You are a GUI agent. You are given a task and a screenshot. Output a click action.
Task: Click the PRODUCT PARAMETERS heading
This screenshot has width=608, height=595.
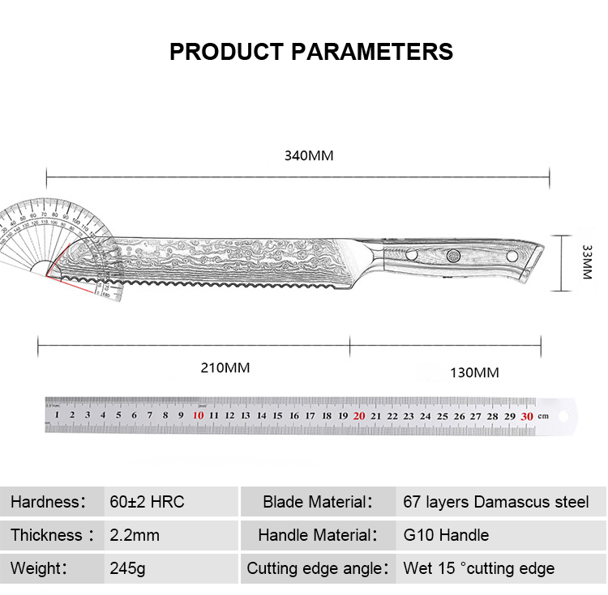(311, 52)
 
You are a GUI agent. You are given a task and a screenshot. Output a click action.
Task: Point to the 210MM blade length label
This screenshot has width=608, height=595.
(225, 368)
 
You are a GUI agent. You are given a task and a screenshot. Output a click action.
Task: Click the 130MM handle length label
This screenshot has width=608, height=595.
(474, 373)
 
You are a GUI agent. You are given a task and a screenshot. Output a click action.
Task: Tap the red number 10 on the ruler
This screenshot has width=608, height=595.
(198, 415)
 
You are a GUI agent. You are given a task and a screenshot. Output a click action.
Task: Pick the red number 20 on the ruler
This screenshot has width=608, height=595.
(359, 415)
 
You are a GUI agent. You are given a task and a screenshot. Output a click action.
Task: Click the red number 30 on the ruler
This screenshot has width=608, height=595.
(527, 415)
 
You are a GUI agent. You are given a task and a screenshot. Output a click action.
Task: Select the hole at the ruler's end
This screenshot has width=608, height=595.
(565, 415)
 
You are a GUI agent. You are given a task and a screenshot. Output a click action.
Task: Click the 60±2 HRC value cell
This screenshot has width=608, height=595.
(148, 502)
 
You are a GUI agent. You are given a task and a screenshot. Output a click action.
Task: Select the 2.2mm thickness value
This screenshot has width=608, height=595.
(135, 535)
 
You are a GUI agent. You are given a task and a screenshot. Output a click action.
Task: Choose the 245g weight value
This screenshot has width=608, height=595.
(128, 568)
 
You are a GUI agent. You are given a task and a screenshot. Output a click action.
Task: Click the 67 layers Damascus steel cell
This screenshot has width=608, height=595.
(496, 502)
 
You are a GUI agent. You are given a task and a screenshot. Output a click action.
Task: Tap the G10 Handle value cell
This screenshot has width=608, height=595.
(446, 535)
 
